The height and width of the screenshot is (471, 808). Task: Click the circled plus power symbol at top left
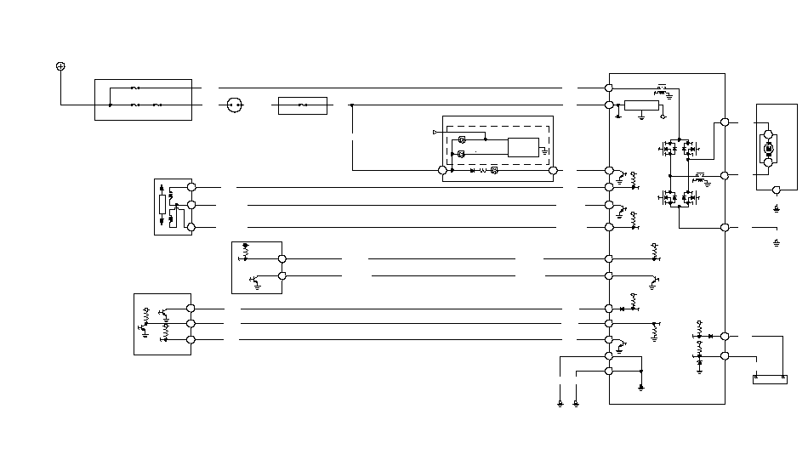pos(60,66)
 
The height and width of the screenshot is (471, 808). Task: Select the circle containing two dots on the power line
pos(234,105)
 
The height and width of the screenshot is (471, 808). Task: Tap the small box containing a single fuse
pos(303,105)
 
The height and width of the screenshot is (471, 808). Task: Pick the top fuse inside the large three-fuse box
pos(136,88)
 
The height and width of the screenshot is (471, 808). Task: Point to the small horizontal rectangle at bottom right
pos(770,379)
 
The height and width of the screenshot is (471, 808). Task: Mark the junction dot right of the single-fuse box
pos(352,105)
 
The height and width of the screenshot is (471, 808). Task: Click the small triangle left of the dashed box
pos(435,132)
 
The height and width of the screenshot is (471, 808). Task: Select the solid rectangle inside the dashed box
pos(523,146)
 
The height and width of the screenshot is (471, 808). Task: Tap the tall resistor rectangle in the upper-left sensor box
pos(162,205)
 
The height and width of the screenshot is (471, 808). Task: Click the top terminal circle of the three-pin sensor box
pos(191,187)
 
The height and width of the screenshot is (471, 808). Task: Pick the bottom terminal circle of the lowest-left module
pos(191,339)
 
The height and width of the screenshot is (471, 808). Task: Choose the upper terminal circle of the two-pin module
pos(282,258)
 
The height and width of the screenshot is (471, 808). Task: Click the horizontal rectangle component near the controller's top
pos(641,105)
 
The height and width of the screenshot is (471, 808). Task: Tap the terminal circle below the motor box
pos(776,192)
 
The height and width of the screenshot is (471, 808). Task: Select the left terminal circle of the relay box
pos(442,170)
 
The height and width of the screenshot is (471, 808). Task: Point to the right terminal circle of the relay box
pos(554,170)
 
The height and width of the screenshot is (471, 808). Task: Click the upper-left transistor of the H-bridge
pos(669,149)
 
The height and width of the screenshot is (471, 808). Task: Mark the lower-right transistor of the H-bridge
pos(691,198)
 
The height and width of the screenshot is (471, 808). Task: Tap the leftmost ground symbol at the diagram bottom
pos(560,402)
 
